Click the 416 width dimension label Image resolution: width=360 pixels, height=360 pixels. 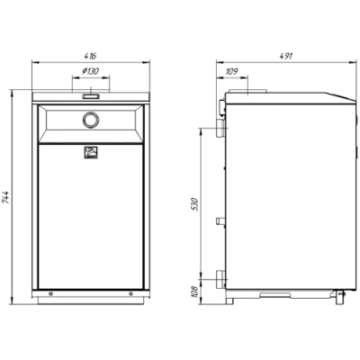(x=91, y=56)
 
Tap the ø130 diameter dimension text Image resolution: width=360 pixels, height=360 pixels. (x=91, y=71)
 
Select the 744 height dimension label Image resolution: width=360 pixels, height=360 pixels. (x=6, y=198)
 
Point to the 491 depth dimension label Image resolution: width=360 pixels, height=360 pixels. (x=285, y=56)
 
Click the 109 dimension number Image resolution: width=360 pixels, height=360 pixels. (x=231, y=71)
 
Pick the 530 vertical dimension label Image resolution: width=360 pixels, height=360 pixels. (x=195, y=204)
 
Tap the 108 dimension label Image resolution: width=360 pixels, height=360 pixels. (x=195, y=292)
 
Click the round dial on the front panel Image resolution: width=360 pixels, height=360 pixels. (x=91, y=120)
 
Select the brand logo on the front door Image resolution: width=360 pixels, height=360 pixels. (x=90, y=152)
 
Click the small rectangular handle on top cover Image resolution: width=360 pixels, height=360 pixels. (x=91, y=96)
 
